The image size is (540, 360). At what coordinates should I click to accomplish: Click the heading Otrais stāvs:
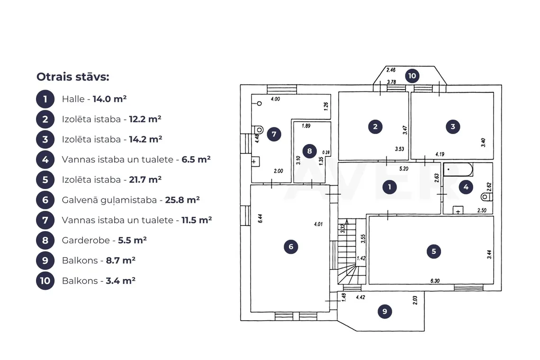[72, 76]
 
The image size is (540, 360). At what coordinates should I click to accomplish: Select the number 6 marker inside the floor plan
[291, 247]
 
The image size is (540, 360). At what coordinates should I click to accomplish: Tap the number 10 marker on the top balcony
[412, 76]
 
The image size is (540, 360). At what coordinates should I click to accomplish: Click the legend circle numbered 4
[45, 160]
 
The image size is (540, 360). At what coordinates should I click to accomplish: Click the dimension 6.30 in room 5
[435, 281]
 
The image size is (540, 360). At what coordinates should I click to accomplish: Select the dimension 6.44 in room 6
[261, 218]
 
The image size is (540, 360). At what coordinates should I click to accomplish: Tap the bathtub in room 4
[458, 170]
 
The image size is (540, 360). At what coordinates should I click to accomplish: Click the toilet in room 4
[486, 197]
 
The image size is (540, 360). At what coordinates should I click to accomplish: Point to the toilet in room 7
[258, 130]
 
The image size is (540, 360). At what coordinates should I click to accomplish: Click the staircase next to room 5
[351, 252]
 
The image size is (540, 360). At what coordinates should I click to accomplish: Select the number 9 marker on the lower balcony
[385, 311]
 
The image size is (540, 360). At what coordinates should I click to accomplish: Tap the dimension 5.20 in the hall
[404, 169]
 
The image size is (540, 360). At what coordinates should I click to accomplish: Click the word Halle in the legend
[73, 99]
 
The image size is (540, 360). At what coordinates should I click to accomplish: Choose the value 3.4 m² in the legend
[120, 280]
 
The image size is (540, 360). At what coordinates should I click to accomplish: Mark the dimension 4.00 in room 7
[275, 99]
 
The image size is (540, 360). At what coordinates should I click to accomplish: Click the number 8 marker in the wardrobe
[309, 151]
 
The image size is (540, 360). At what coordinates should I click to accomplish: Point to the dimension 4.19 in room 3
[440, 154]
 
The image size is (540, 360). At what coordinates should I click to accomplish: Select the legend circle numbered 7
[45, 220]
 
